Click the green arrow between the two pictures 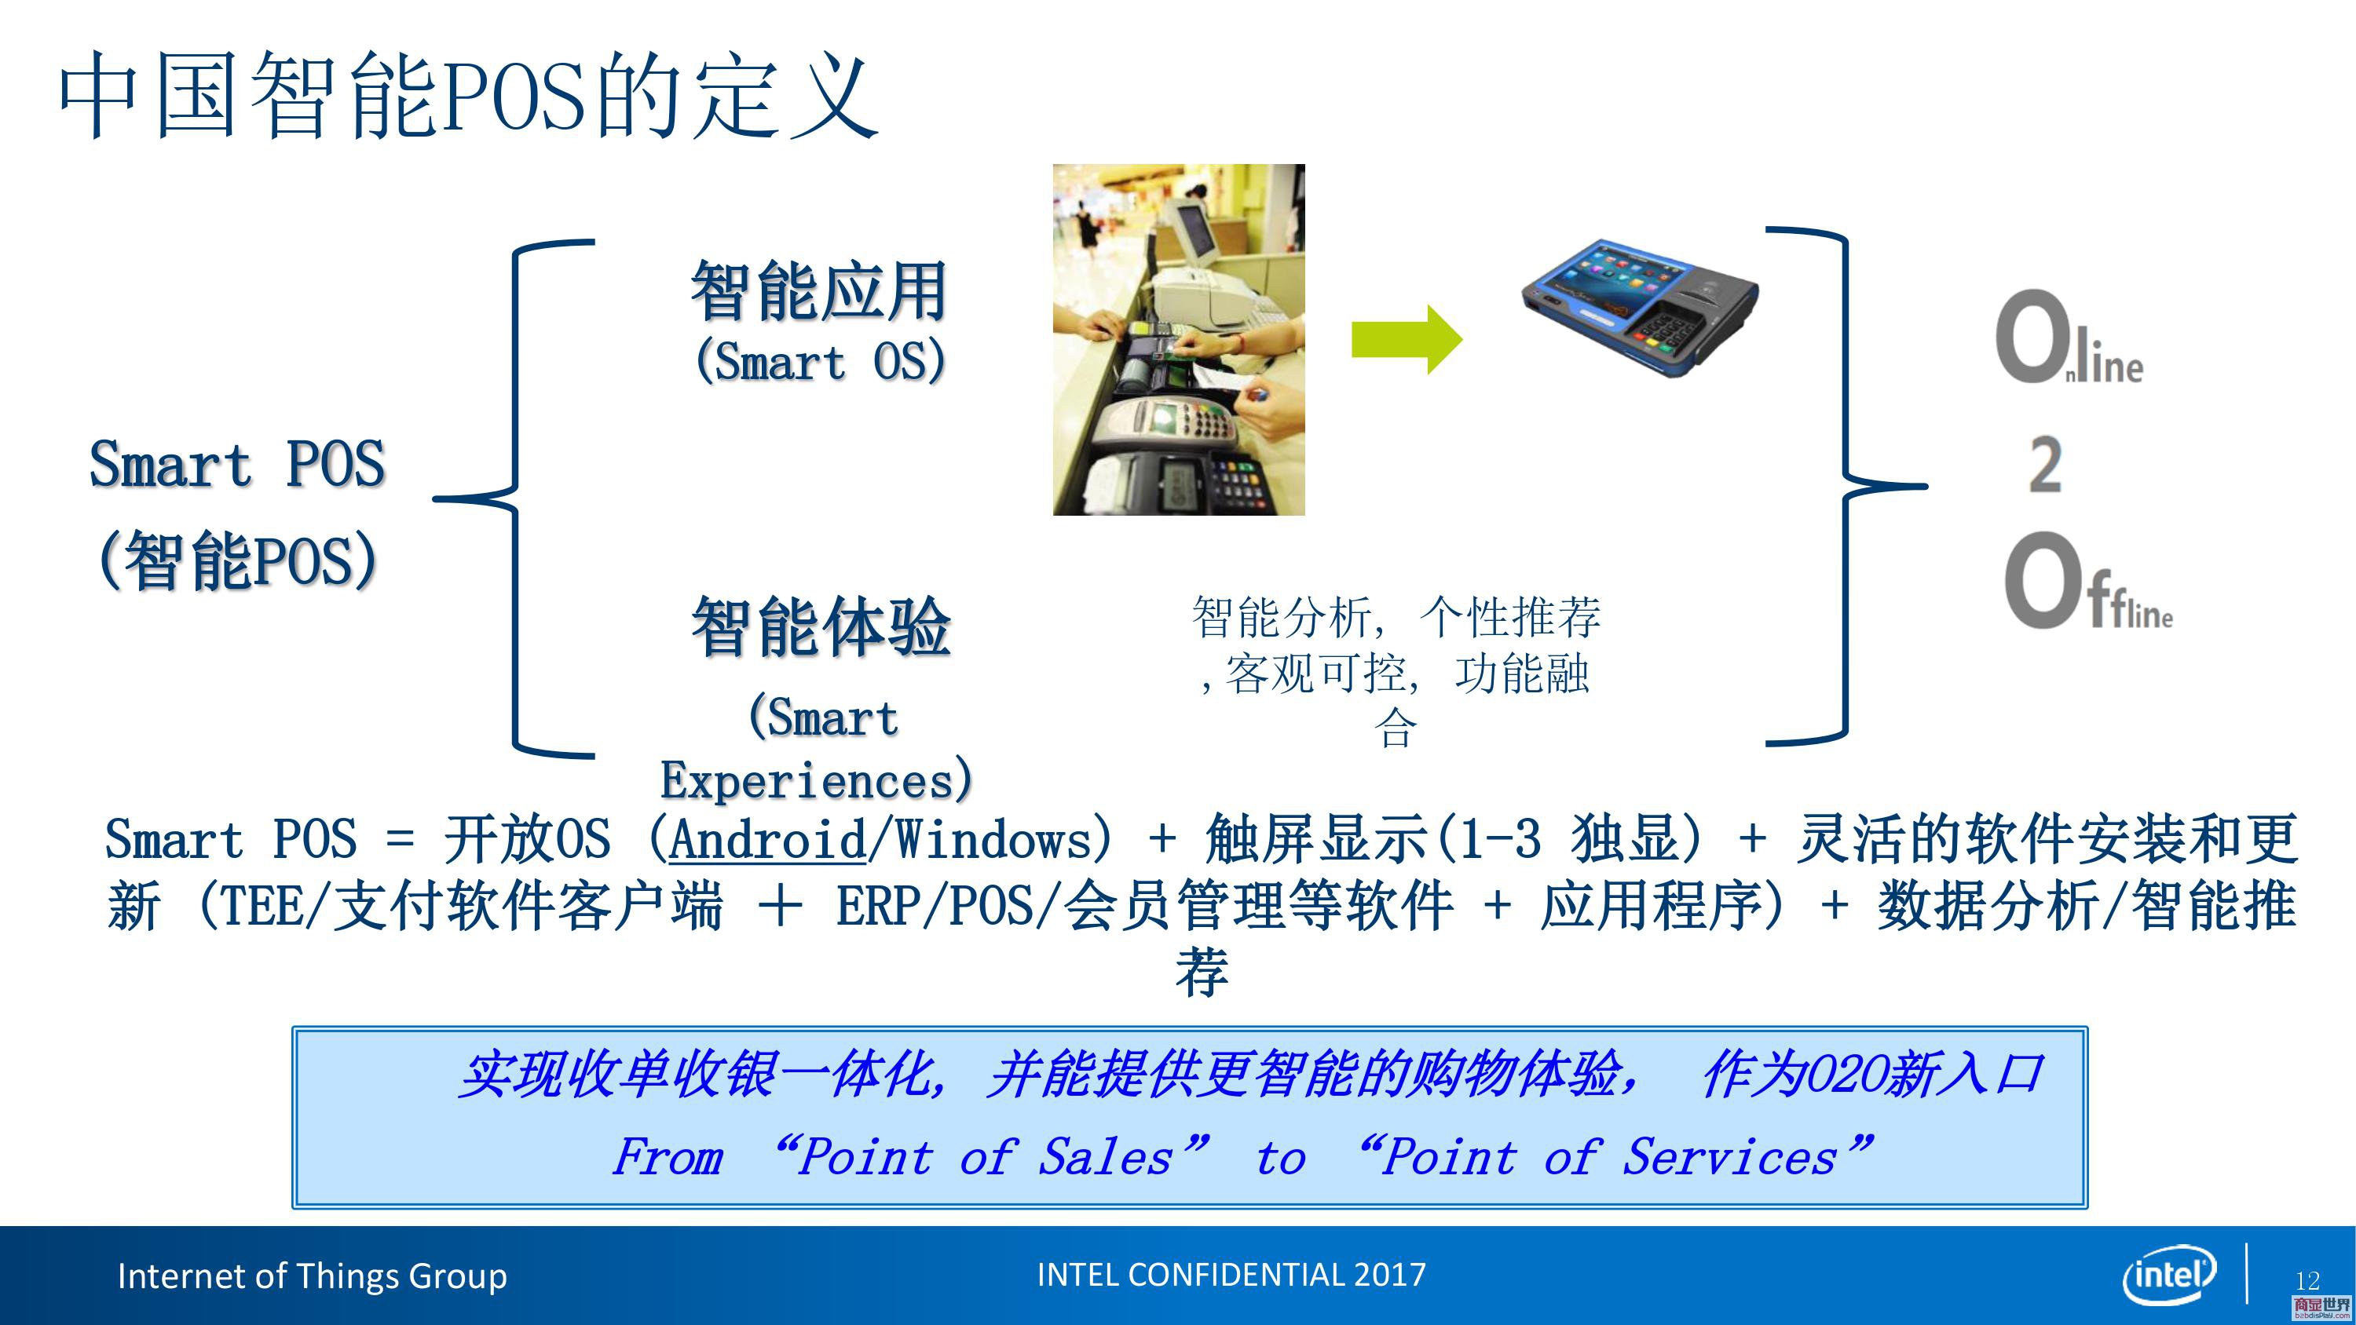(x=1407, y=339)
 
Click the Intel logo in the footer (x=2169, y=1275)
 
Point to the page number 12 (x=2307, y=1280)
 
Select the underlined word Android (x=767, y=839)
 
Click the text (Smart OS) (x=821, y=360)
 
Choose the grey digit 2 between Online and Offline (x=2045, y=465)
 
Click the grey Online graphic (x=2069, y=338)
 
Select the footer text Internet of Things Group (x=312, y=1276)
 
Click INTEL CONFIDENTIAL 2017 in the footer (x=1231, y=1275)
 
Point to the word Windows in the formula (x=994, y=839)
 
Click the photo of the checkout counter (x=1179, y=339)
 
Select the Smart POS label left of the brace (x=237, y=465)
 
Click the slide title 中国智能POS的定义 (x=468, y=95)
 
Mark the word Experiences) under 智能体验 (x=817, y=780)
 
